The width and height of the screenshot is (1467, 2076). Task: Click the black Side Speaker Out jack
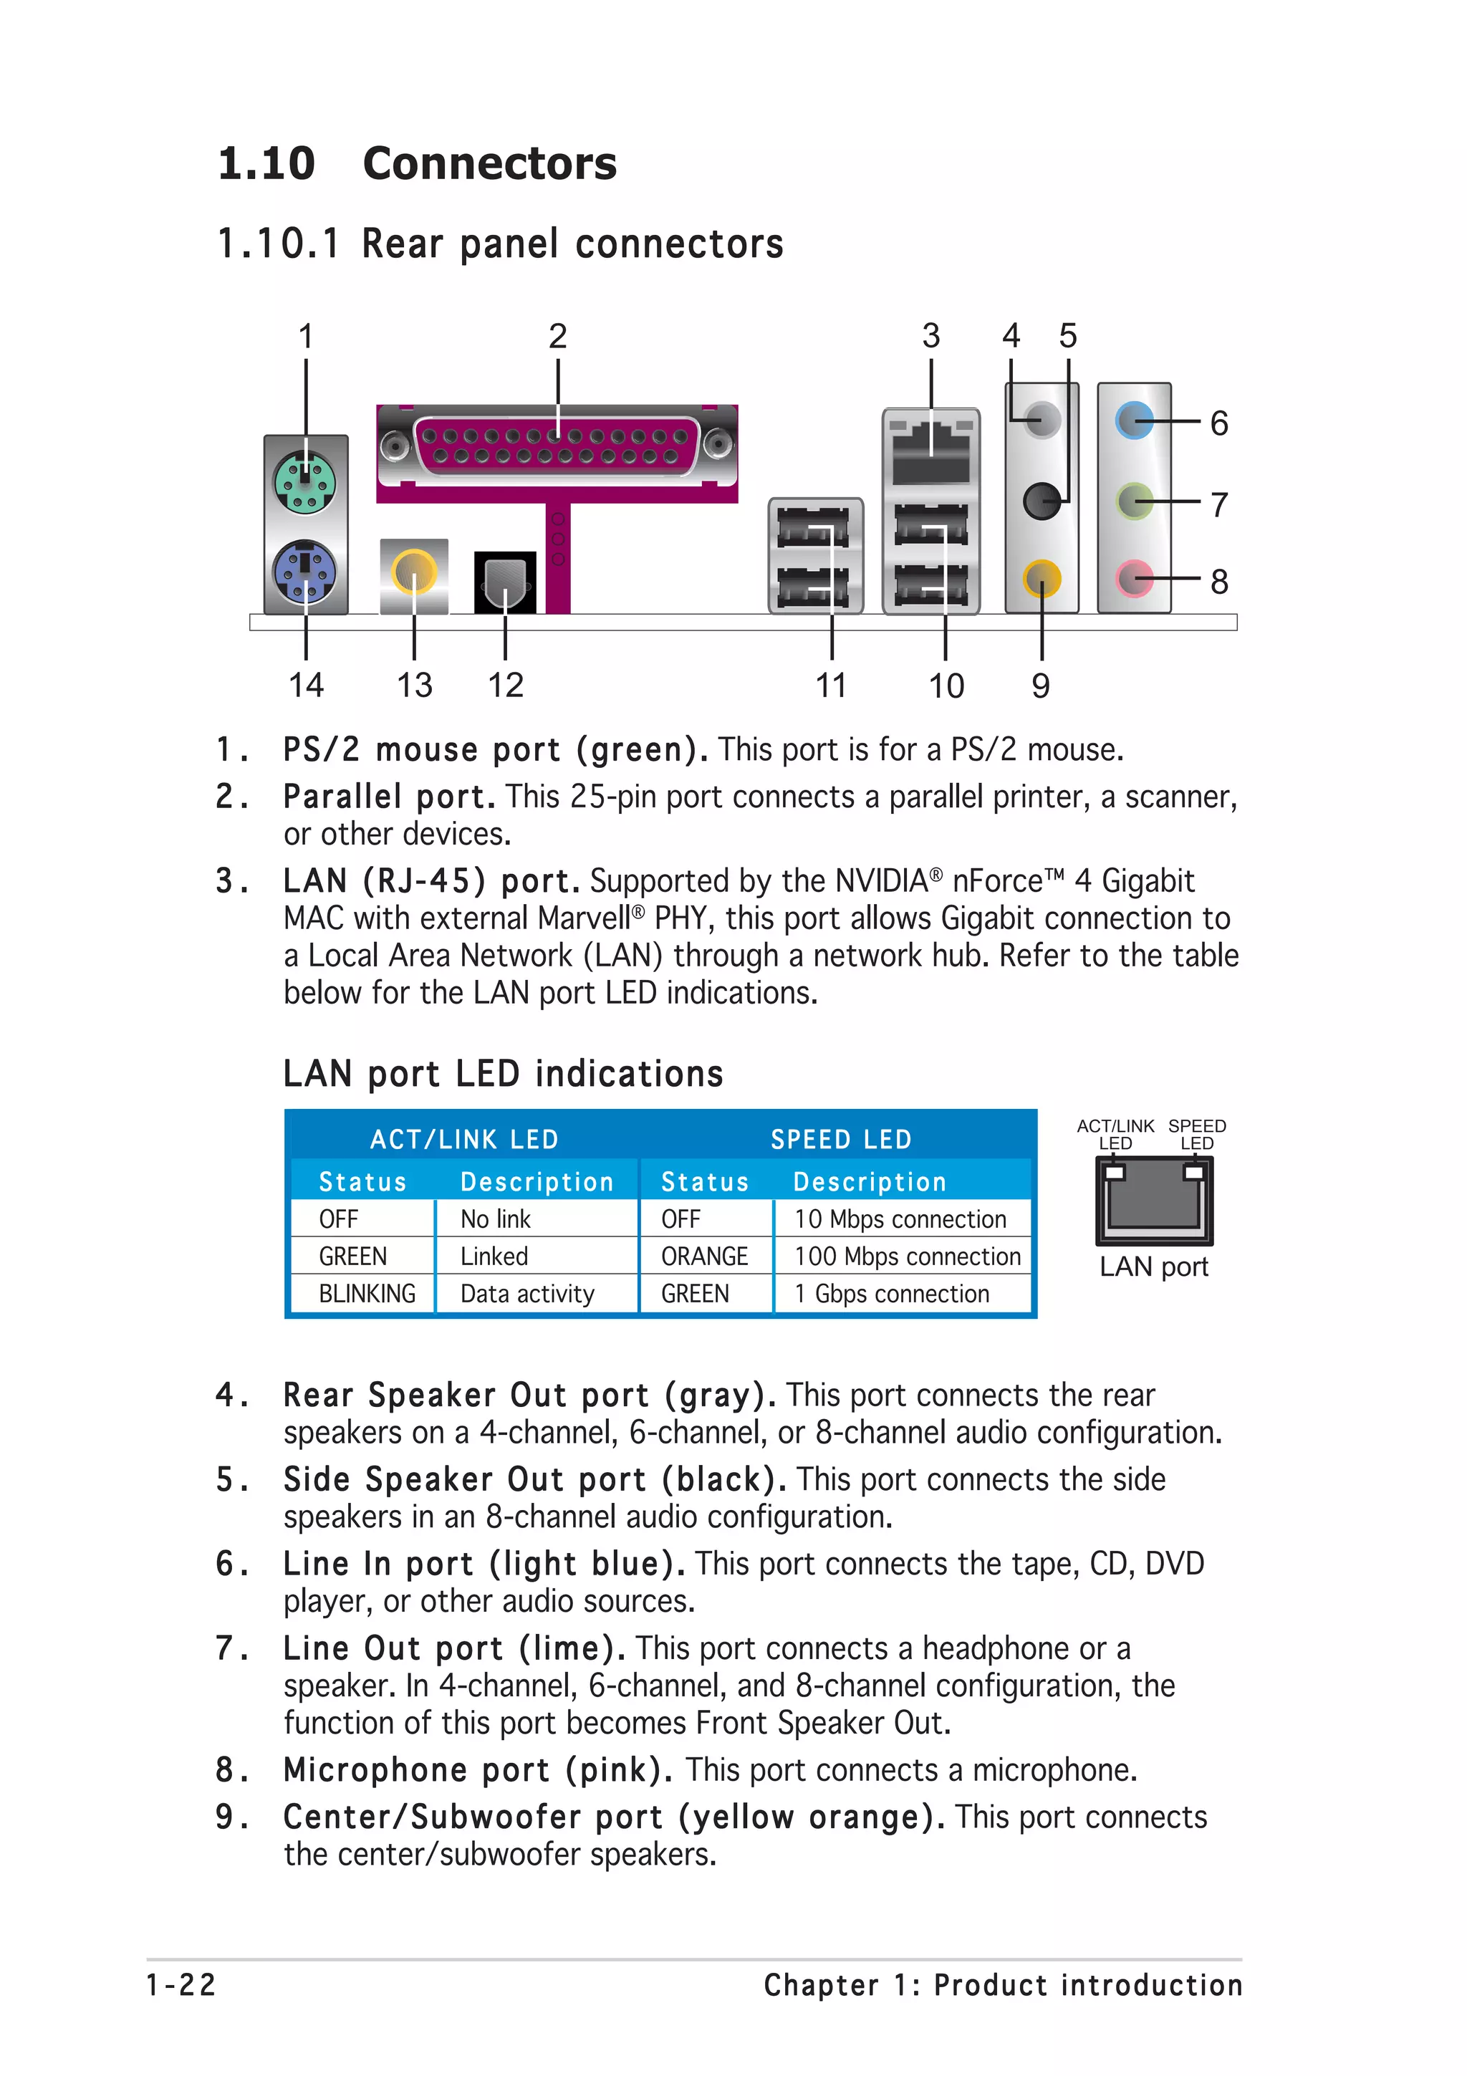1042,500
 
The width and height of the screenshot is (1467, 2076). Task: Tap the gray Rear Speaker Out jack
1042,420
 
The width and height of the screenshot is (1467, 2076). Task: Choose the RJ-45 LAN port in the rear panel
931,449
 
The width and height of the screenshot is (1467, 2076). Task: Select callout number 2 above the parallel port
558,337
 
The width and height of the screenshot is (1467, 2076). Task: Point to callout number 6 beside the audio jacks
1219,423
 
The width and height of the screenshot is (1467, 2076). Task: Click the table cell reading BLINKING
367,1294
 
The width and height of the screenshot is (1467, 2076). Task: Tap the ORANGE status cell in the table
704,1256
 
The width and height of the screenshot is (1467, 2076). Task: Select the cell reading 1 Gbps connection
892,1294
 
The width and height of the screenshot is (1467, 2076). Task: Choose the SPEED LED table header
841,1139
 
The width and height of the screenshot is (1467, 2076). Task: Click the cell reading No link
495,1219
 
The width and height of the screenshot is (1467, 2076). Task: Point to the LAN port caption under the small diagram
1153,1267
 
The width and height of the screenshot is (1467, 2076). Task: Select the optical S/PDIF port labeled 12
504,582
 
